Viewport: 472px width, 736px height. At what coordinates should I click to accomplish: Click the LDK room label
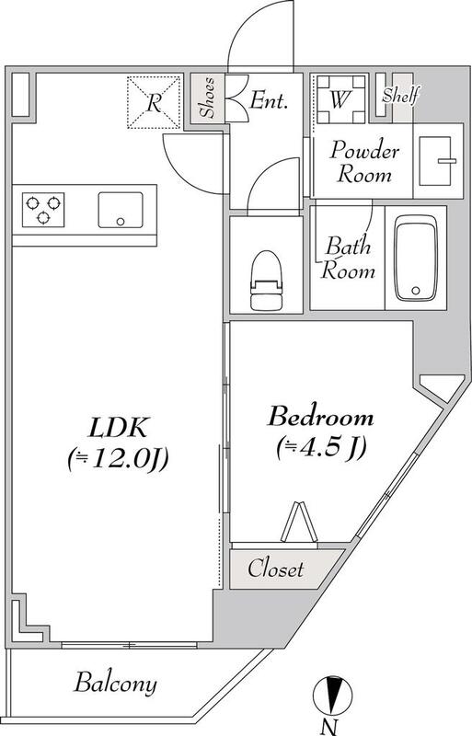[120, 427]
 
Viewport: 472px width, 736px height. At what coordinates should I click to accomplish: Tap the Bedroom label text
[321, 418]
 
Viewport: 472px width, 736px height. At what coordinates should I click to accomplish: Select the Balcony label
[115, 683]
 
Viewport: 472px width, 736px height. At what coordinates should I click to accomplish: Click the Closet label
[276, 569]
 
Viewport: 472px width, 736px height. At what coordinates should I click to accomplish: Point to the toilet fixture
[266, 281]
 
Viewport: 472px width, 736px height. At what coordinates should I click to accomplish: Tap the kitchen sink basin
[121, 210]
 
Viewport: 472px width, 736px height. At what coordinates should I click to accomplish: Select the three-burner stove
[43, 210]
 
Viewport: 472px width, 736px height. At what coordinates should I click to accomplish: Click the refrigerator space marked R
[154, 102]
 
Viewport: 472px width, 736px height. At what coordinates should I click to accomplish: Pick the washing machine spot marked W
[340, 99]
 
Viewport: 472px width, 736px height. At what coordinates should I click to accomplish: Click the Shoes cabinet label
[208, 98]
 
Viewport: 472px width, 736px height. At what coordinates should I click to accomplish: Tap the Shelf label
[399, 96]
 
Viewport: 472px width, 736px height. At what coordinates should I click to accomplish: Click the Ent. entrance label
[268, 100]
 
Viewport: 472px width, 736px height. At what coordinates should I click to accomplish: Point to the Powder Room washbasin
[437, 160]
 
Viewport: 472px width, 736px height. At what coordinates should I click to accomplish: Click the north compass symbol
[332, 695]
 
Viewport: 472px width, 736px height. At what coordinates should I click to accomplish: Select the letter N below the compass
[328, 728]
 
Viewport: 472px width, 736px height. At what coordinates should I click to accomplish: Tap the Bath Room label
[348, 259]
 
